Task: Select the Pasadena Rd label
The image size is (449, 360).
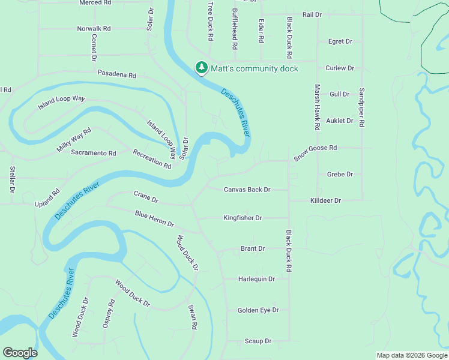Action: point(117,76)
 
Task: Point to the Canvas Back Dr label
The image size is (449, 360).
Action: point(247,190)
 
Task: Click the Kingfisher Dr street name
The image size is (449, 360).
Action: point(243,218)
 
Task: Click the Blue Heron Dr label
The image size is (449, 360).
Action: point(154,219)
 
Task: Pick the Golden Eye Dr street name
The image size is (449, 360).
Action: point(258,310)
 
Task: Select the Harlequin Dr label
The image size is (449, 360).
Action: point(256,279)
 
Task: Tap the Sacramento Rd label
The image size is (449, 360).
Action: point(93,154)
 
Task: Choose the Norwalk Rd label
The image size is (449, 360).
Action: point(94,28)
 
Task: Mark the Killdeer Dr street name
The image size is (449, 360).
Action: point(325,200)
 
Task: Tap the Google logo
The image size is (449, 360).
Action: point(20,353)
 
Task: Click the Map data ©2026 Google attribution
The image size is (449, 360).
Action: point(411,355)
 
